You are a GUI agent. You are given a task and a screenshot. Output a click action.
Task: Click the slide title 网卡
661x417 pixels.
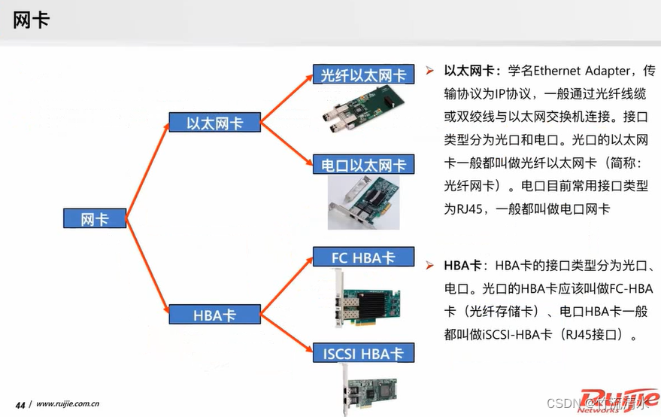point(32,20)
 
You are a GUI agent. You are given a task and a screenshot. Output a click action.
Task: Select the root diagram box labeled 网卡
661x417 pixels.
point(94,219)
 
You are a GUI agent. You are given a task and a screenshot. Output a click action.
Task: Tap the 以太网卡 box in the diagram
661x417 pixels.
point(214,123)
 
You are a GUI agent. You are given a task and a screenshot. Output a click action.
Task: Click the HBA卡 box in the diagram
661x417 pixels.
point(214,315)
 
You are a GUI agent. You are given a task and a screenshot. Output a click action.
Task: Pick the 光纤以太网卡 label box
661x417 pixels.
point(363,75)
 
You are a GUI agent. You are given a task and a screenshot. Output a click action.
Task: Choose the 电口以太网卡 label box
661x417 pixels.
point(363,165)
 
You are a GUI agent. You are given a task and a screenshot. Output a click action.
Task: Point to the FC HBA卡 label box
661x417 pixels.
point(363,257)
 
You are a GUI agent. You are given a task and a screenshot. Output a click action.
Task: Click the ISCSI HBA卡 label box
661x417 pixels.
point(363,353)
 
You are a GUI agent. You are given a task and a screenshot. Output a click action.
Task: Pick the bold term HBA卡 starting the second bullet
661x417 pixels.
point(462,266)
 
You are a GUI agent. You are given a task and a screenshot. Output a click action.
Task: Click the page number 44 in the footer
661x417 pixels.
point(20,404)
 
